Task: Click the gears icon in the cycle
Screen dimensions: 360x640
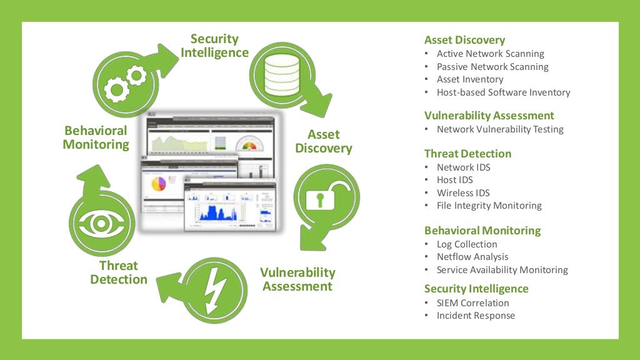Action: coord(124,82)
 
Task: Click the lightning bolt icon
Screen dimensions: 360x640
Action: coord(214,289)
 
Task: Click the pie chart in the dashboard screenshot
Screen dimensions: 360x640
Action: coord(159,183)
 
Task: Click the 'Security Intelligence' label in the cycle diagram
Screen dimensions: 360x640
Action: coord(214,46)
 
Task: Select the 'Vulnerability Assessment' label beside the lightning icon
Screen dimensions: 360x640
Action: coord(297,279)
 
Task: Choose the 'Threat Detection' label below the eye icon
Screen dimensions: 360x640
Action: coord(119,272)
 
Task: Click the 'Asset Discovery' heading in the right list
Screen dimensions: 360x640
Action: coord(464,40)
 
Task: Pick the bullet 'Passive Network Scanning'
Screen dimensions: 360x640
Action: coord(492,67)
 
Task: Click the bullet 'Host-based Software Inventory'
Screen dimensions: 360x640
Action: coord(503,92)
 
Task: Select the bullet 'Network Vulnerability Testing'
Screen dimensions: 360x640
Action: coord(500,129)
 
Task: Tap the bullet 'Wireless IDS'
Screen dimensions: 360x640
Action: coord(463,192)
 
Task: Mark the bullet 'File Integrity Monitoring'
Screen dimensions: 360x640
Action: coord(489,206)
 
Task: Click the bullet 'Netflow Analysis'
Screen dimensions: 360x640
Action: coord(472,257)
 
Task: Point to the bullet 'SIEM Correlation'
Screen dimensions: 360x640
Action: coord(472,303)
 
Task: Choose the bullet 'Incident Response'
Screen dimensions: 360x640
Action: coord(476,316)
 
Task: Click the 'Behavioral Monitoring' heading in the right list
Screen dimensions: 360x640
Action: coord(482,231)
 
